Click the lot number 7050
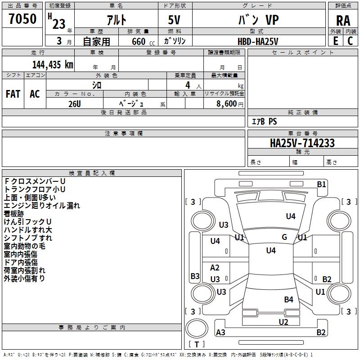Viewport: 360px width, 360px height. tap(22, 18)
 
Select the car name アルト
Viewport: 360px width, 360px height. tap(117, 20)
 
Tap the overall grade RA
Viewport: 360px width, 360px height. tap(343, 21)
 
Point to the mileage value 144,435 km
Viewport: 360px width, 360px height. tap(53, 65)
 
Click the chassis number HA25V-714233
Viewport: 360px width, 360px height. tap(302, 143)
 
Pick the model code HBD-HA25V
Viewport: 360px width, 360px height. tap(258, 41)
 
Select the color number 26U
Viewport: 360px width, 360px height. tap(75, 104)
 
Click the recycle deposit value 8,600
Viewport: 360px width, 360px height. tap(226, 104)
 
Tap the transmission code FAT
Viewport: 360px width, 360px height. tap(13, 94)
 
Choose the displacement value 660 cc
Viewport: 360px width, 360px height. tap(143, 42)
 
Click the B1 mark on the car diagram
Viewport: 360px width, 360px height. tap(321, 184)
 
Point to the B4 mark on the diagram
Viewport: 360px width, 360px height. tap(288, 300)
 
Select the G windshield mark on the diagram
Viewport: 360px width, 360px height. tap(284, 237)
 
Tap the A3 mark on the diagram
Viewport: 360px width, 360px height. tap(220, 332)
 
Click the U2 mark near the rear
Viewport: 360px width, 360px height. tap(283, 322)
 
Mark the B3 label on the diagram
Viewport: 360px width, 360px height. tap(195, 276)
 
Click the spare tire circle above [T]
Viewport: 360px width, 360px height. tap(197, 328)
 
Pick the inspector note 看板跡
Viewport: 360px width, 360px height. tap(14, 214)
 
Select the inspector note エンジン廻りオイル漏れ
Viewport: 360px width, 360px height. tap(42, 206)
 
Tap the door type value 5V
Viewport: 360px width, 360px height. tap(174, 20)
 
